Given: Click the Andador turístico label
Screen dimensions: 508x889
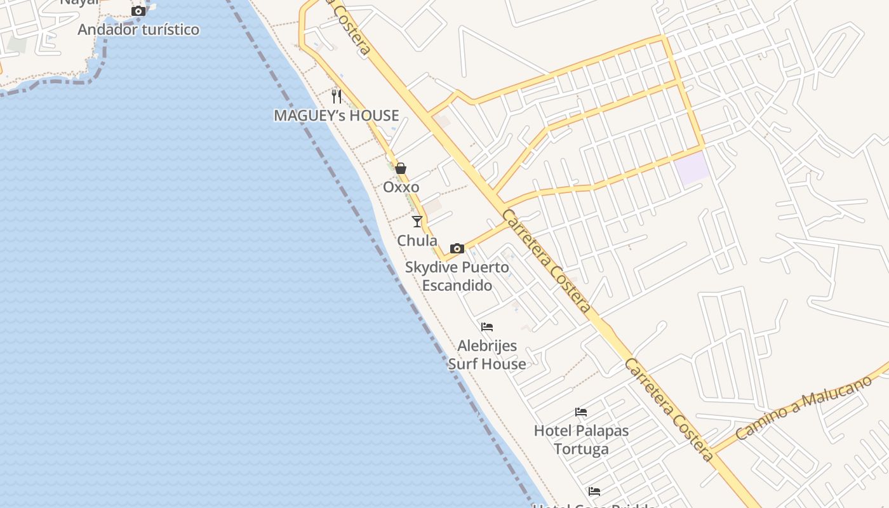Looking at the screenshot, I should click(x=138, y=29).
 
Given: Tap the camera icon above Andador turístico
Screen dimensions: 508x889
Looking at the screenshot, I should click(x=138, y=11).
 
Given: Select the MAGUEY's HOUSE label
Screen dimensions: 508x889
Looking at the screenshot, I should click(x=336, y=116).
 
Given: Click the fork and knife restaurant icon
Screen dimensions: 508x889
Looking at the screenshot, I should click(x=337, y=97).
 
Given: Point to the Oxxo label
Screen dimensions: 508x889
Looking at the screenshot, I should click(x=401, y=187).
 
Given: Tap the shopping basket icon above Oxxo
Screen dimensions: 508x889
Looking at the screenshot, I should click(x=401, y=168).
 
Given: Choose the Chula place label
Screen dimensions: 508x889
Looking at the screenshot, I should click(x=417, y=241).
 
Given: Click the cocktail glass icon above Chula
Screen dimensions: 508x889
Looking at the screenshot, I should click(x=417, y=221).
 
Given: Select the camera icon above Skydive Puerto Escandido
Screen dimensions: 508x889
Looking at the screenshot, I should click(x=457, y=248).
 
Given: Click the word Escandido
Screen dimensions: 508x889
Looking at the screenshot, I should click(x=457, y=285).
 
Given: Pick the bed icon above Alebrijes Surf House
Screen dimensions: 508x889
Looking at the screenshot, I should click(x=487, y=327).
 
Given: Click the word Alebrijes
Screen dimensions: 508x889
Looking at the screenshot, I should click(x=487, y=346).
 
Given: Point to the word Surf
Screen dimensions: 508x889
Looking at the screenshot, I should click(x=462, y=364).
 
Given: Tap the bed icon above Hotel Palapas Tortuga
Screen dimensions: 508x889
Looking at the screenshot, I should click(x=581, y=412).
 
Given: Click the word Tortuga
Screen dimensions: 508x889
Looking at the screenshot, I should click(x=581, y=449).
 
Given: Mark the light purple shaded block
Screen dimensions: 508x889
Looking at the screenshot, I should click(x=692, y=168).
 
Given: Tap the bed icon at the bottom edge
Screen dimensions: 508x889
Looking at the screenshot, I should click(x=594, y=491).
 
